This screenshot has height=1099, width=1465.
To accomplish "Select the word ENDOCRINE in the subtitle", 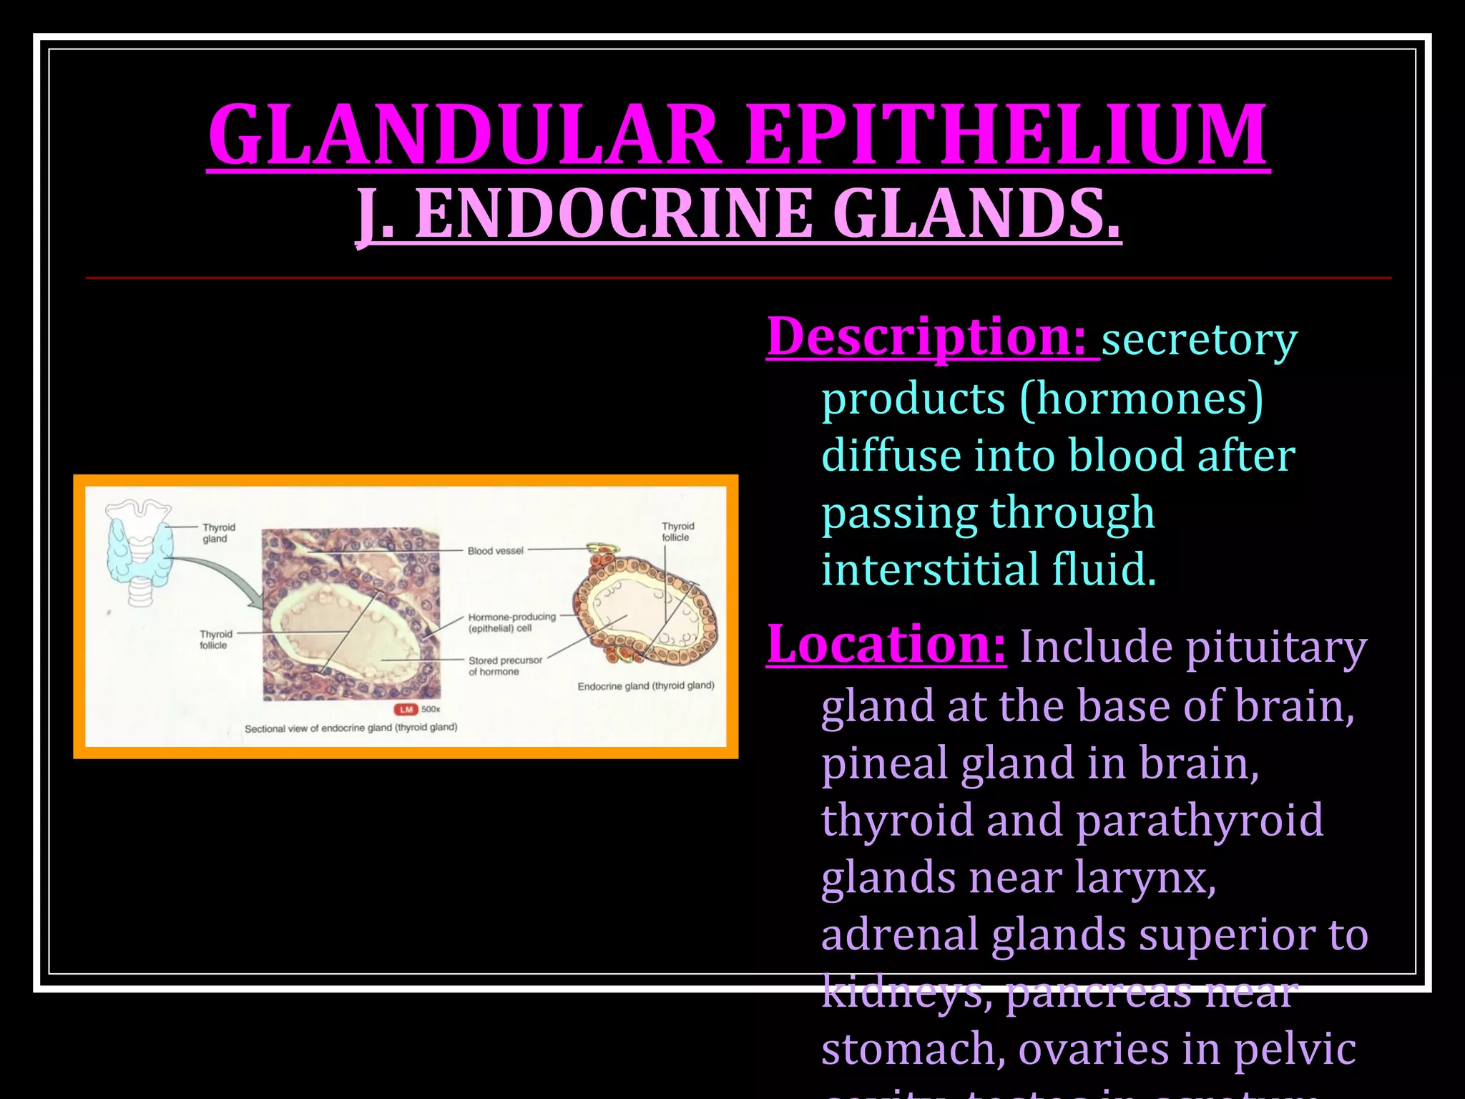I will pyautogui.click(x=614, y=213).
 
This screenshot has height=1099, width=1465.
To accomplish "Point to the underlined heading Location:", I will pyautogui.click(x=886, y=644).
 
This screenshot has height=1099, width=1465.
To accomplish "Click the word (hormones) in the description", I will pyautogui.click(x=1142, y=398).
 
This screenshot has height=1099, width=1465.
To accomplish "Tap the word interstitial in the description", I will pyautogui.click(x=930, y=570).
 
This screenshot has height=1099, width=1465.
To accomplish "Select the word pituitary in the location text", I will pyautogui.click(x=1276, y=648).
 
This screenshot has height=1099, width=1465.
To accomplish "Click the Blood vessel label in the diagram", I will pyautogui.click(x=495, y=551).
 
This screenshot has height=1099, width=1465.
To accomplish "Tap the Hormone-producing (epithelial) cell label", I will pyautogui.click(x=511, y=622).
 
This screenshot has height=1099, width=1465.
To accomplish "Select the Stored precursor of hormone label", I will pyautogui.click(x=505, y=666).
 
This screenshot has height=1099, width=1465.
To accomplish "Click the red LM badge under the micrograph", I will pyautogui.click(x=406, y=709).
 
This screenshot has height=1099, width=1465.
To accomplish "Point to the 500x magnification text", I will pyautogui.click(x=431, y=709).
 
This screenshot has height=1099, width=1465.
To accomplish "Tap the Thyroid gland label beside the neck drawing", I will pyautogui.click(x=217, y=533).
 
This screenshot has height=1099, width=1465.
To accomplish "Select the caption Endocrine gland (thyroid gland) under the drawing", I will pyautogui.click(x=645, y=686).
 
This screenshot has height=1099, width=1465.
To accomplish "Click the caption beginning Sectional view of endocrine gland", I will pyautogui.click(x=351, y=728).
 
